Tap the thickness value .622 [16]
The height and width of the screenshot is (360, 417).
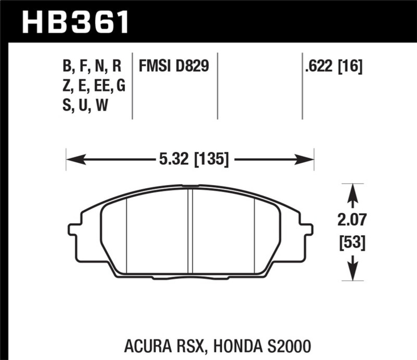335,66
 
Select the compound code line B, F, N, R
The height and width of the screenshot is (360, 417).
91,66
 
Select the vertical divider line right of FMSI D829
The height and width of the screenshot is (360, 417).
217,86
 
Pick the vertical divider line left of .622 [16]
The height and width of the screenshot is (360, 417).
302,86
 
